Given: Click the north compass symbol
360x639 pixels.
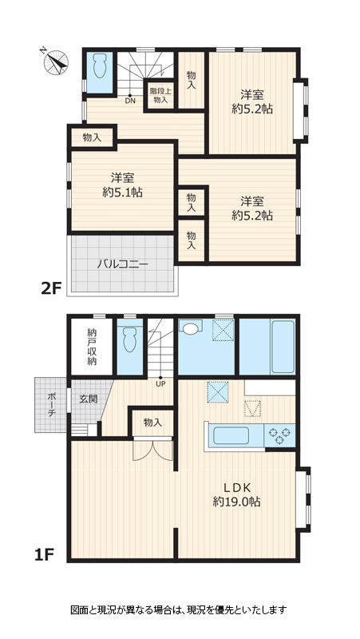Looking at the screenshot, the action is coord(56,62).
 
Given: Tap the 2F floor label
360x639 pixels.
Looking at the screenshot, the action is coord(51,288).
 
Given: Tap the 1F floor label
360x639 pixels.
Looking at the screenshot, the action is coord(44,554).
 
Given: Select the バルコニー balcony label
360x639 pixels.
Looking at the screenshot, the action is coord(122,264).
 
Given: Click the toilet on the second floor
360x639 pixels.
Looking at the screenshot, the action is coord(100,66).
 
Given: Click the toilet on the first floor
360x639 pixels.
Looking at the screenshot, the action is coord(130,340).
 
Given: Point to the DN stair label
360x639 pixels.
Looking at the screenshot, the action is coord(130,101).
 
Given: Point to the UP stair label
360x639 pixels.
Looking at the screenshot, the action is coord(160,383).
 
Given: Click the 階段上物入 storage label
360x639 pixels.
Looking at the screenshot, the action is coord(160,95).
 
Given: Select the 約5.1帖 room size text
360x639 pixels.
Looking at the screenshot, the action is coord(122,192).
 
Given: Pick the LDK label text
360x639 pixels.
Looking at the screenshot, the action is coord(236,487).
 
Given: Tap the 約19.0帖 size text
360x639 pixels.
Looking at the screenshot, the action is coord(236,502).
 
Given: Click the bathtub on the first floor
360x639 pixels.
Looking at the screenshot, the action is coord(283,347).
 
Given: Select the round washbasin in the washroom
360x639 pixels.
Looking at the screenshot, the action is coord(191,328).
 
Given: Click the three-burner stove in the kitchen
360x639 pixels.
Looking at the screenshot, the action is coord(279,435).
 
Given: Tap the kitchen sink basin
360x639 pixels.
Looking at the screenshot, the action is coord(231,435).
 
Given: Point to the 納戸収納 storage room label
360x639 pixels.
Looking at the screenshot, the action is coord(92,346).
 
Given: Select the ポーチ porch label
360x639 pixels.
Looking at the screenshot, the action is coord(52,405).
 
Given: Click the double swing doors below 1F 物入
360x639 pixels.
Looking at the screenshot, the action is coord(152,450).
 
